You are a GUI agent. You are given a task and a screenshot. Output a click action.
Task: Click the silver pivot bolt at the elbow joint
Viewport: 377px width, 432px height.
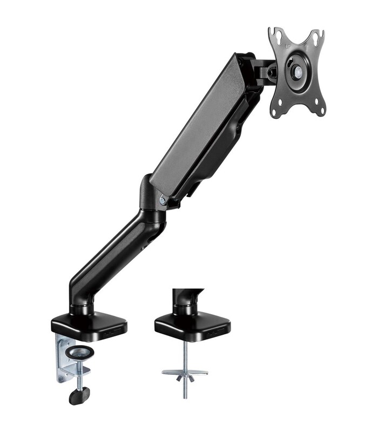[163, 200]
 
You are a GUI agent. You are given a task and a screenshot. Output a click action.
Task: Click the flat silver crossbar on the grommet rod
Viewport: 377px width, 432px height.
[185, 372]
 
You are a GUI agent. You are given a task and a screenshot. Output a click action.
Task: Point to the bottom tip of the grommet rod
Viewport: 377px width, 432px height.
[185, 397]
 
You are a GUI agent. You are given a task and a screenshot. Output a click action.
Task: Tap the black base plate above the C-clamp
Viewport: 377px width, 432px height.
[89, 324]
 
